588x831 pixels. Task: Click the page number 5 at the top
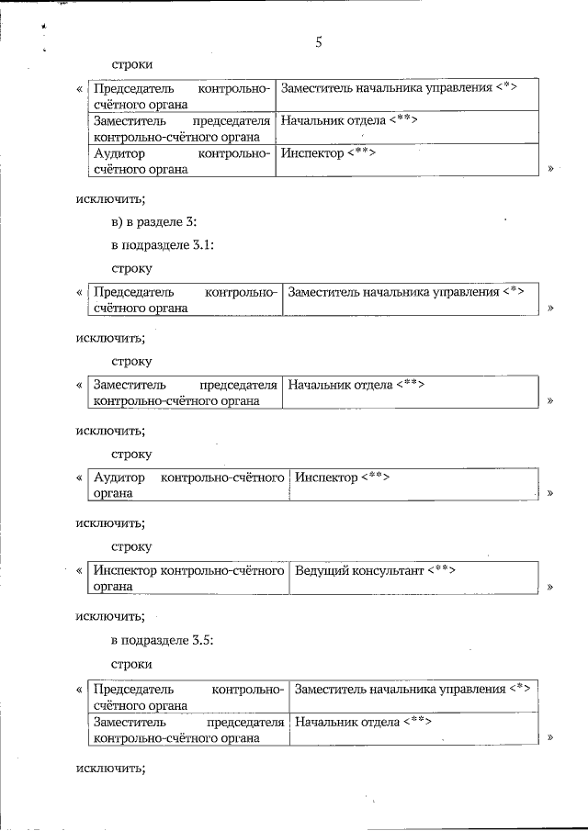319,41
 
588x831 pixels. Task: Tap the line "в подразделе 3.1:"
163,245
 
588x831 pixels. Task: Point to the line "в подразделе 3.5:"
163,640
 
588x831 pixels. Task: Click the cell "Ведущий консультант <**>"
375,571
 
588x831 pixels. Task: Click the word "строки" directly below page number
131,64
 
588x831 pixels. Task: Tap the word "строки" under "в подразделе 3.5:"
131,663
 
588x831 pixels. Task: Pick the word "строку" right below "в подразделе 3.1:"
131,268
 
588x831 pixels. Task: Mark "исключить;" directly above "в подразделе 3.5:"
110,616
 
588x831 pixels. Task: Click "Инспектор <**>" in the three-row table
328,152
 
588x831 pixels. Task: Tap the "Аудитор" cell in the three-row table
181,160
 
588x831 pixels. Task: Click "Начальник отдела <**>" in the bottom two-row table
363,721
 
